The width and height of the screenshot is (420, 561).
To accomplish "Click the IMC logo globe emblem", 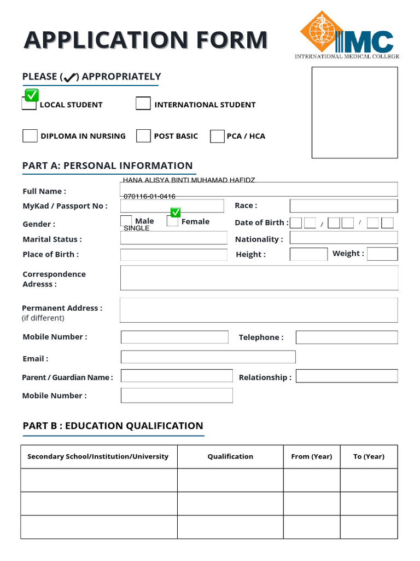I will (x=320, y=30).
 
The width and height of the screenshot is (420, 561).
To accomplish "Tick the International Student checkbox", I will (x=143, y=103).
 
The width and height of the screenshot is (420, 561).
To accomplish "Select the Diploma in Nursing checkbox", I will (x=30, y=136).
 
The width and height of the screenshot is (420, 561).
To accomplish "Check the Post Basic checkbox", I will (x=143, y=136).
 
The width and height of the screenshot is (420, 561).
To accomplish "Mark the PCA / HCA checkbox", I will (x=217, y=136).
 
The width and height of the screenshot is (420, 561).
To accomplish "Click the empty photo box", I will (x=354, y=112).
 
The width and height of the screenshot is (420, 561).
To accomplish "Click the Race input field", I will (x=343, y=206).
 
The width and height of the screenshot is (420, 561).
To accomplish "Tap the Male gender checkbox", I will (x=126, y=221).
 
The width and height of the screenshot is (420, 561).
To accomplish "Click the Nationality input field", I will (x=343, y=238).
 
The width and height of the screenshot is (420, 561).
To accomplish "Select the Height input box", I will (x=308, y=254).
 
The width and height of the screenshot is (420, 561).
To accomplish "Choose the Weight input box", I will (x=382, y=254).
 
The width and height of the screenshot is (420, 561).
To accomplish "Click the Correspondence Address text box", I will (x=259, y=278).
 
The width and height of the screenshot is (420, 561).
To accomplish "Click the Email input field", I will (x=208, y=357).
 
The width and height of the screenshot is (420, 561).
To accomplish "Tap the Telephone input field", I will (x=347, y=337).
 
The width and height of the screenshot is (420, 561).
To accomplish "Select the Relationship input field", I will (x=347, y=376).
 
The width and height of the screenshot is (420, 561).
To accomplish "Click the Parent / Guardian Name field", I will (x=177, y=376).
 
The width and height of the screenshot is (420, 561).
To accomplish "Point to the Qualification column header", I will (x=230, y=456).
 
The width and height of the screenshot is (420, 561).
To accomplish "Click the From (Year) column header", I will (x=312, y=456).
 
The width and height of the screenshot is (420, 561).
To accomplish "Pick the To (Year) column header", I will (x=369, y=456).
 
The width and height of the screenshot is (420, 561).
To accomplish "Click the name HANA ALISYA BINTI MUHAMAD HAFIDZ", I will (x=189, y=180).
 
